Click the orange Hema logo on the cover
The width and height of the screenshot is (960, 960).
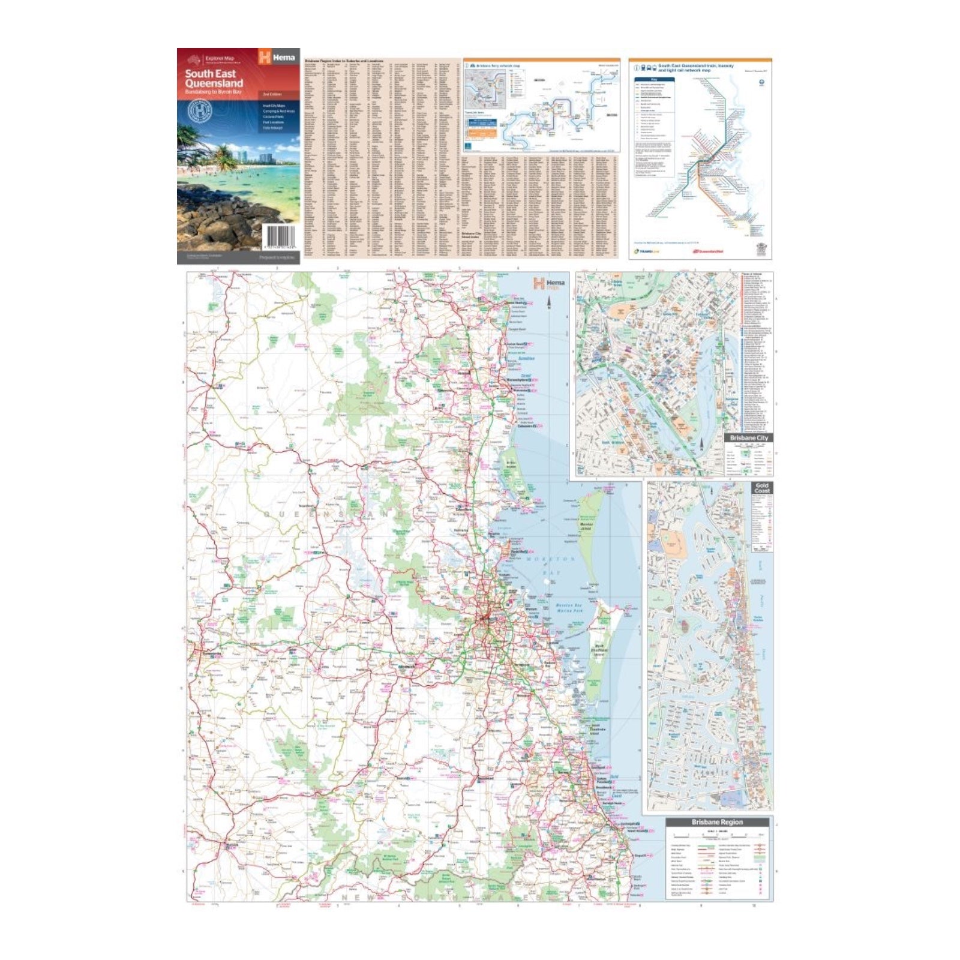pyautogui.click(x=277, y=58)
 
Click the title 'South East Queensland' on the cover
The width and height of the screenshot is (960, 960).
pyautogui.click(x=214, y=79)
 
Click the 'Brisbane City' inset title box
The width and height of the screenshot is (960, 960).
pyautogui.click(x=748, y=438)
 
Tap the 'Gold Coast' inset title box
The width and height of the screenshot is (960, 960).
pyautogui.click(x=761, y=488)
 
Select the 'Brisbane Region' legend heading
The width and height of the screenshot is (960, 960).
pyautogui.click(x=717, y=822)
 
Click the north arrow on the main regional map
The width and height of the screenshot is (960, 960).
pyautogui.click(x=550, y=302)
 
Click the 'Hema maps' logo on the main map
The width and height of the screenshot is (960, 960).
pyautogui.click(x=548, y=283)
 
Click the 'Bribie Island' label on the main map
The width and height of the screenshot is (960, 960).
pyautogui.click(x=511, y=464)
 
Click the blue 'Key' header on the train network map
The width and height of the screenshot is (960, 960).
pyautogui.click(x=654, y=80)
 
